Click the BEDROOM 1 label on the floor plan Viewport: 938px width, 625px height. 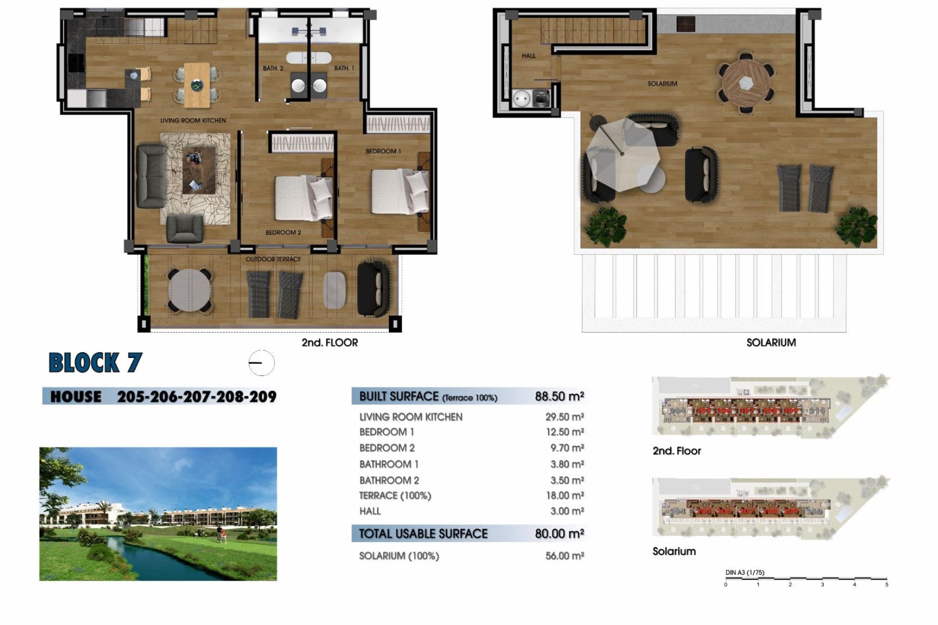383,151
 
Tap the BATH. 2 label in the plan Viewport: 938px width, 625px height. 273,68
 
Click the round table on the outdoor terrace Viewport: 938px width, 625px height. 190,291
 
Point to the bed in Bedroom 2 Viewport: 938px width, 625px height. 303,198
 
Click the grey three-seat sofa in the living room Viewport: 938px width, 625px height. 151,176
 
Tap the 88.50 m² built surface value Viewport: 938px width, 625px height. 559,396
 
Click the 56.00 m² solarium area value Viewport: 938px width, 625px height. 564,556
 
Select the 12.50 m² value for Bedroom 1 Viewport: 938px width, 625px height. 564,432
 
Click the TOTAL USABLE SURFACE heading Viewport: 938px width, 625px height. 423,534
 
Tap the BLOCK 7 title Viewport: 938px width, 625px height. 95,363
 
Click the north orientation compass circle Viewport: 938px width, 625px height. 261,363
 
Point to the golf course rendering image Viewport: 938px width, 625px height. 158,514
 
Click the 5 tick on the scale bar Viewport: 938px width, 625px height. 886,584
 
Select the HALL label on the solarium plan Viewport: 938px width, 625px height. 529,56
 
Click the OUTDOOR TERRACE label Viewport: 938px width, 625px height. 273,259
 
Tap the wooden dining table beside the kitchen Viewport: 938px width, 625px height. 197,84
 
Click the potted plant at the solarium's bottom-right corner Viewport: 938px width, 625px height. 856,226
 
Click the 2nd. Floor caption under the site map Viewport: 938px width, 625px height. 677,451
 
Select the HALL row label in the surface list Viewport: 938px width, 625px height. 370,511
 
